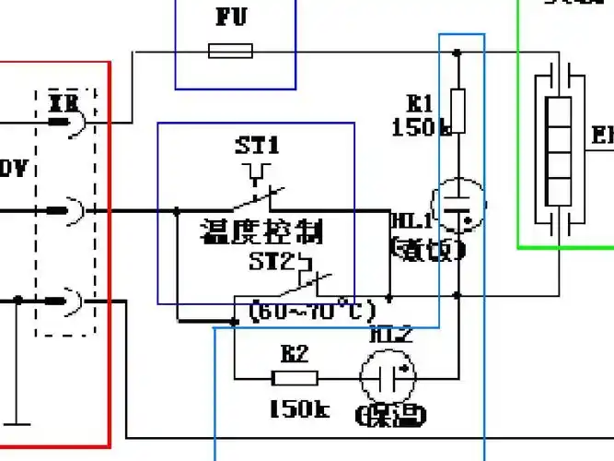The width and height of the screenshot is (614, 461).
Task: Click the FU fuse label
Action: tap(232, 17)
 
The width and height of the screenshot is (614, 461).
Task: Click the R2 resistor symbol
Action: tap(295, 377)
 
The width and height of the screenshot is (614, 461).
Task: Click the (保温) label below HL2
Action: tap(391, 416)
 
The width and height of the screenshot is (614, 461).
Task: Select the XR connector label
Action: tap(63, 100)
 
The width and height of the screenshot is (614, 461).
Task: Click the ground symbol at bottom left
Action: tap(16, 426)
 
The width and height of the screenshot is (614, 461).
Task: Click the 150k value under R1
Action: tap(420, 127)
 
